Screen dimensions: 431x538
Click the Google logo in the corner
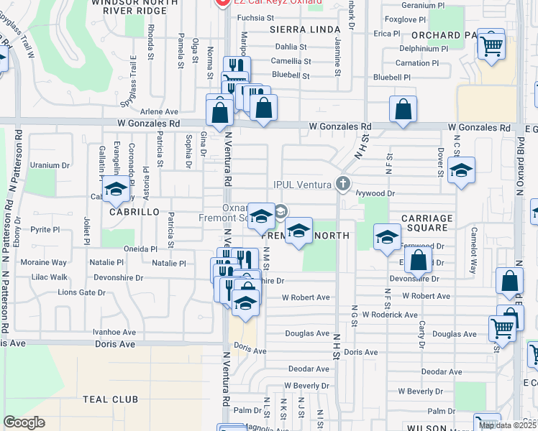pyautogui.click(x=24, y=422)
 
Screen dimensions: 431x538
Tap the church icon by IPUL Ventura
pyautogui.click(x=343, y=184)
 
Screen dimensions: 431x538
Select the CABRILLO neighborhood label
pyautogui.click(x=134, y=212)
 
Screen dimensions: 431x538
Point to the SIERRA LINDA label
pyautogui.click(x=304, y=29)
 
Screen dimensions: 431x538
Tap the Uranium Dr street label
pyautogui.click(x=50, y=165)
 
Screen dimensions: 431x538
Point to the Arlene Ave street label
pyautogui.click(x=159, y=111)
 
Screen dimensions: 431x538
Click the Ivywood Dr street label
pyautogui.click(x=375, y=193)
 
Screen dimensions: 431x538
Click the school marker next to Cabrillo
pyautogui.click(x=115, y=190)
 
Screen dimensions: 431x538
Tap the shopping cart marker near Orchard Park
pyautogui.click(x=491, y=45)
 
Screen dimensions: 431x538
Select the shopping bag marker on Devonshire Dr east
pyautogui.click(x=419, y=261)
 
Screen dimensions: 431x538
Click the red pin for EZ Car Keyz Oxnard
pyautogui.click(x=222, y=4)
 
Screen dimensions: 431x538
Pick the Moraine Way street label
pyautogui.click(x=43, y=263)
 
